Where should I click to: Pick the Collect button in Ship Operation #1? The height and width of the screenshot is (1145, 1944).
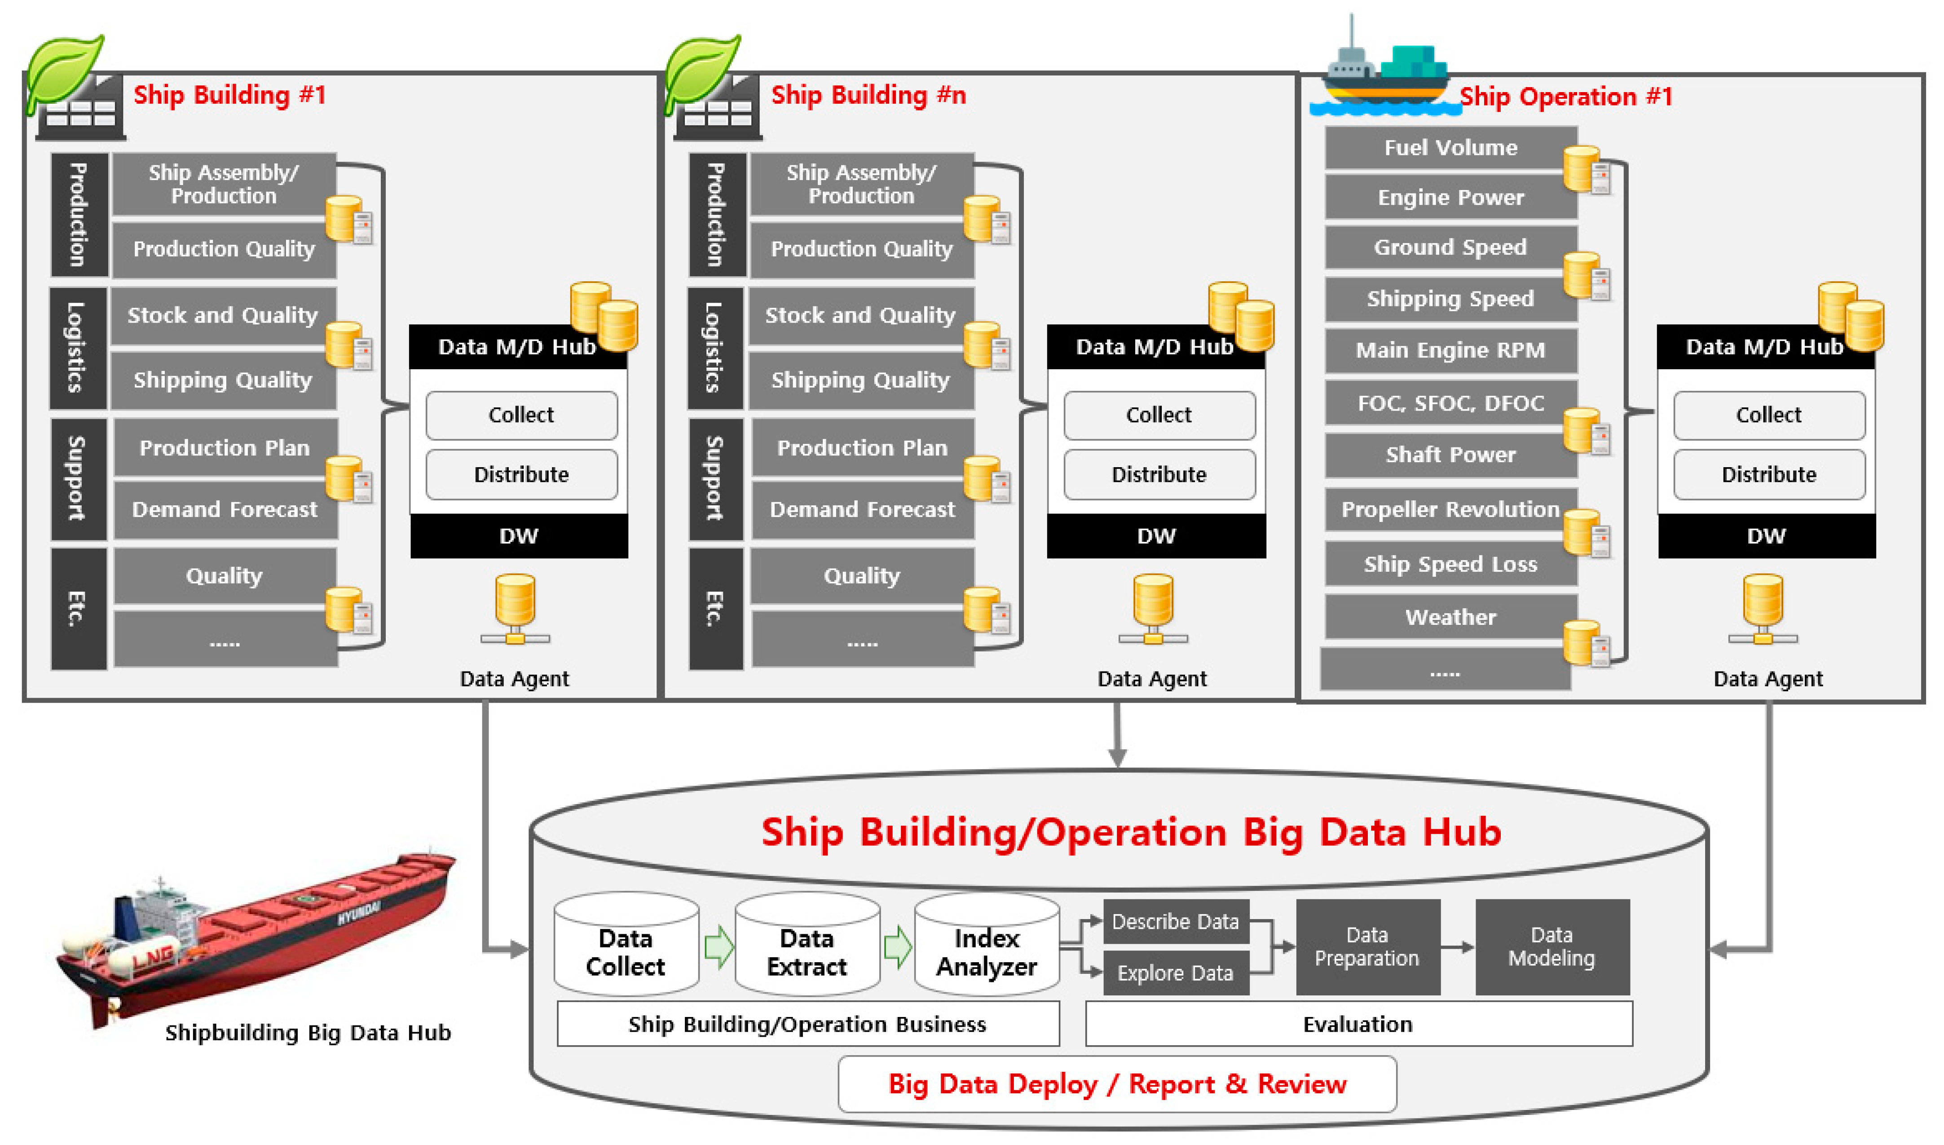(1768, 415)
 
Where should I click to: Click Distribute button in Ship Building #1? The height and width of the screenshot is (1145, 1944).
(521, 474)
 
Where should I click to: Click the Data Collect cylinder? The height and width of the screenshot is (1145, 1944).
(626, 950)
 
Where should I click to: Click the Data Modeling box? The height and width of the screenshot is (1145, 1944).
(1552, 947)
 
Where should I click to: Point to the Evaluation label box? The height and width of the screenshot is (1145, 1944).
(1358, 1024)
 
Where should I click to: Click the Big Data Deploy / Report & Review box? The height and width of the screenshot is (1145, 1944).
(1116, 1084)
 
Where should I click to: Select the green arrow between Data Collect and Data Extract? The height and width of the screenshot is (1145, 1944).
(718, 947)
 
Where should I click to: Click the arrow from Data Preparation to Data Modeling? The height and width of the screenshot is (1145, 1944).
(1457, 947)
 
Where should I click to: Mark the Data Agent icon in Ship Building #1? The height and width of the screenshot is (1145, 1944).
(515, 610)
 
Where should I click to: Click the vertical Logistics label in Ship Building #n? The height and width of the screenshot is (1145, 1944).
(714, 347)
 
